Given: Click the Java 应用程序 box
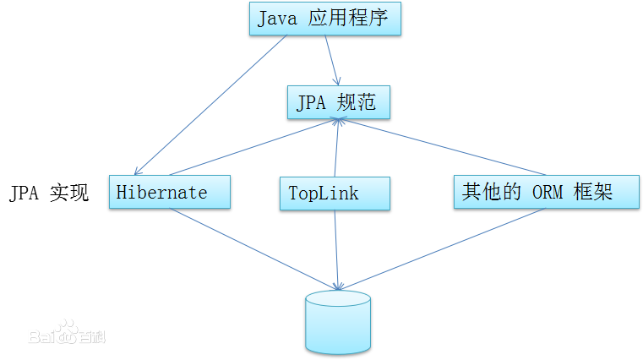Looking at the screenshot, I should point(324,19).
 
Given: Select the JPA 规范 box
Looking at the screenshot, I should point(338,102).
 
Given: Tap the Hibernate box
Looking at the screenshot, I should point(170,192).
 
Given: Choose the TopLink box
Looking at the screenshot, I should point(335,193).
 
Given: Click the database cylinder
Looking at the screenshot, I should point(338,321).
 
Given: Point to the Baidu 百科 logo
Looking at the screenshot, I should point(66,334).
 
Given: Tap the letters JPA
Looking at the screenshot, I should point(311,103).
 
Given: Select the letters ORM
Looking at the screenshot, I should point(549,192).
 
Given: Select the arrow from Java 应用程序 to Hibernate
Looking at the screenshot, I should point(211,106).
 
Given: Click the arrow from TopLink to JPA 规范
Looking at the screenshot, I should point(337,148).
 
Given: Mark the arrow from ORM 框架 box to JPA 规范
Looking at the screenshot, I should point(439,148).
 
